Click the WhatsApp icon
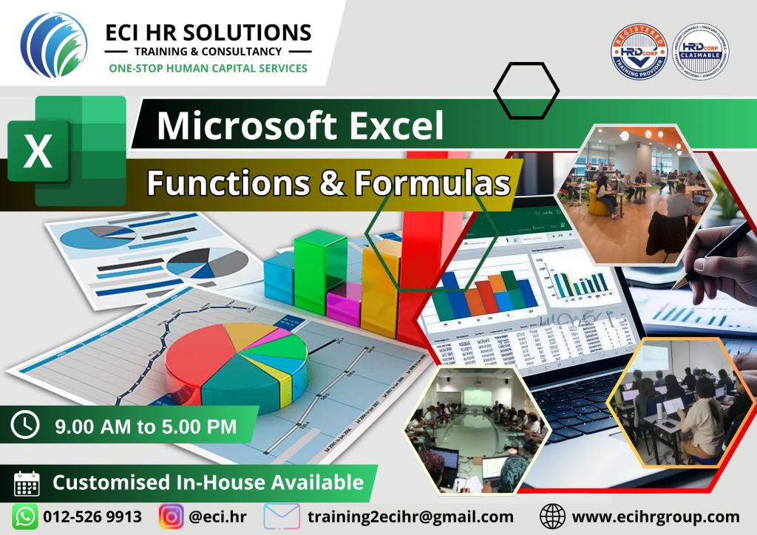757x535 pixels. [x=24, y=517]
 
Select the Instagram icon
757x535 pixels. [x=172, y=517]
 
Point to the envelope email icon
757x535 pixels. [x=282, y=517]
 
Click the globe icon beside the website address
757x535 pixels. [x=552, y=517]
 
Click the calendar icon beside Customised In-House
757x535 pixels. [x=27, y=483]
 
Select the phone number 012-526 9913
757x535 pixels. [x=92, y=517]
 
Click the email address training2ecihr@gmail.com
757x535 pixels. [x=410, y=517]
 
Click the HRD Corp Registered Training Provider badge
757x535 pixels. [x=639, y=53]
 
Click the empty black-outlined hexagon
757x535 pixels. [x=526, y=90]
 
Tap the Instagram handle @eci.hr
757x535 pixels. [x=216, y=517]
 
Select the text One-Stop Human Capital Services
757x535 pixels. [x=208, y=68]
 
